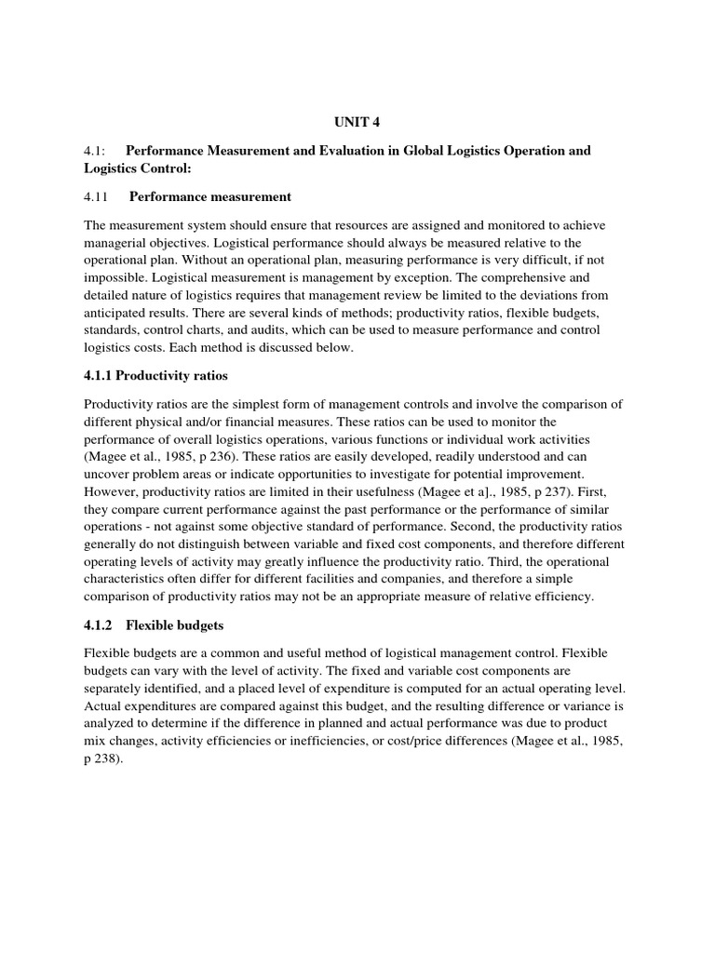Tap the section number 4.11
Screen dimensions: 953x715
[x=97, y=196]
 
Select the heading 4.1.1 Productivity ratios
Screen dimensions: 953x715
[x=155, y=375]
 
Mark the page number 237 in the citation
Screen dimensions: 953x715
[x=576, y=491]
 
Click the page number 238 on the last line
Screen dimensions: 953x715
[x=105, y=758]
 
